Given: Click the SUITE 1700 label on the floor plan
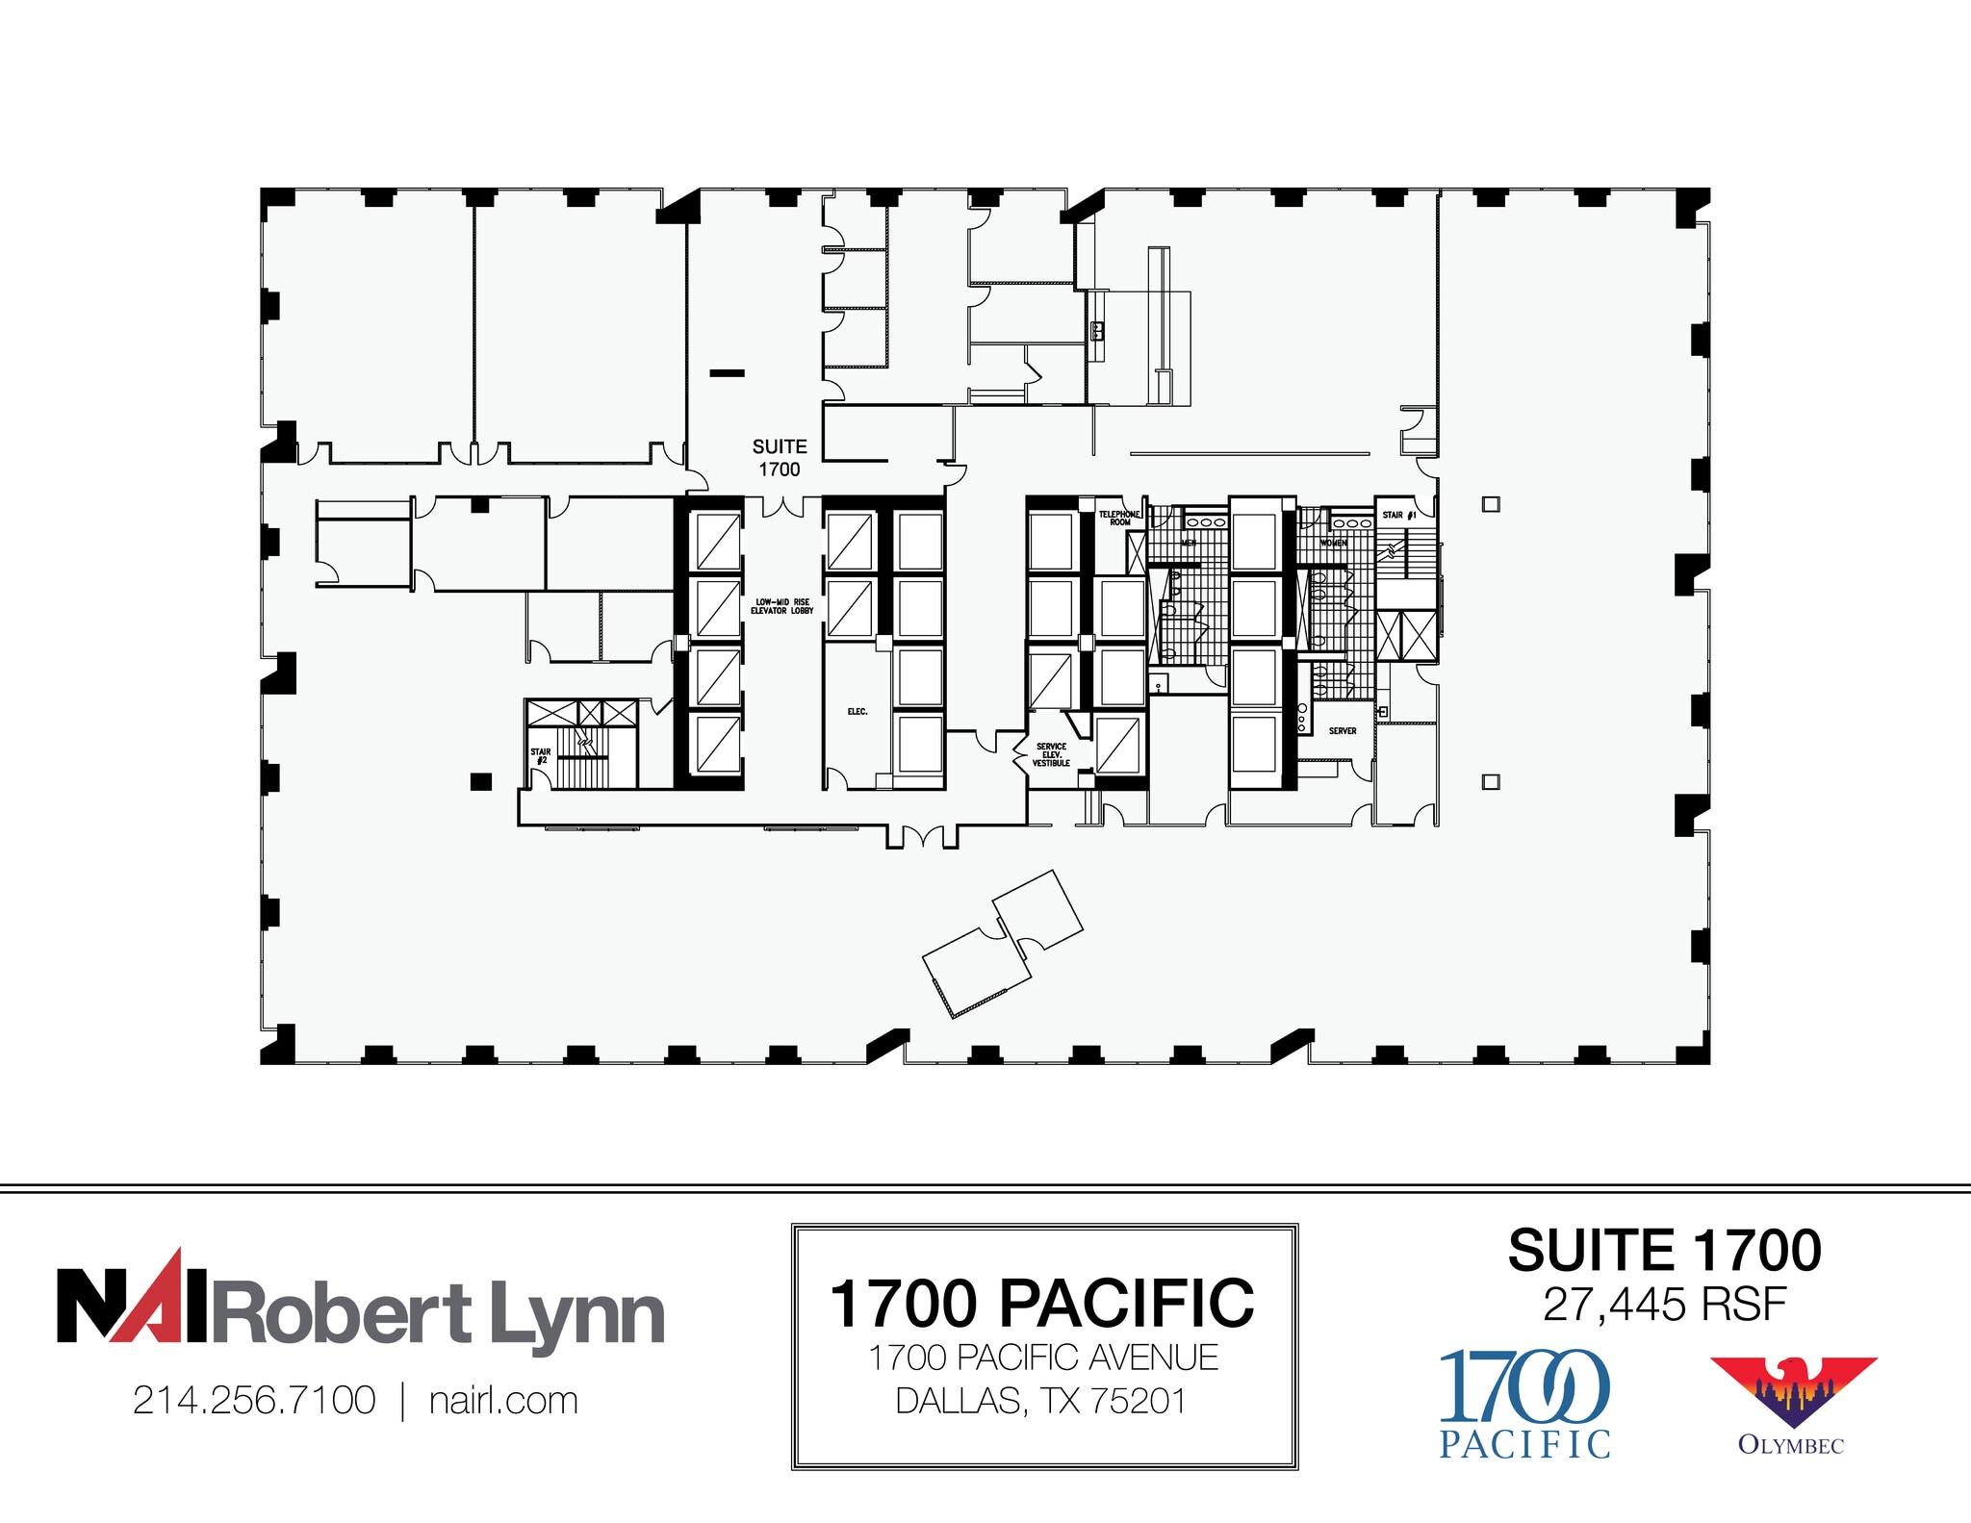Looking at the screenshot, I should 780,458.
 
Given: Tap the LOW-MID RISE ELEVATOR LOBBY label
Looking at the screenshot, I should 781,606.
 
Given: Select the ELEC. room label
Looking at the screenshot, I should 858,712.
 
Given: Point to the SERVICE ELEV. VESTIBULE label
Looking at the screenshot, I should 1051,754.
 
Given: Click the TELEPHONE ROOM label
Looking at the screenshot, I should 1119,518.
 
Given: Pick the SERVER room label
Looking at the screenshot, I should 1343,731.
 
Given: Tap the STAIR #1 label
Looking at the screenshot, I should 1398,516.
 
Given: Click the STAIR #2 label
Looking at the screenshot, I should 541,756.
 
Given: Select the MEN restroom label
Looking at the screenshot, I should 1189,544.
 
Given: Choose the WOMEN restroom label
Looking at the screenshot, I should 1333,544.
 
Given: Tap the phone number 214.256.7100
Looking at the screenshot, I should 254,1401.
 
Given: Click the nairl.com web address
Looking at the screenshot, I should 503,1401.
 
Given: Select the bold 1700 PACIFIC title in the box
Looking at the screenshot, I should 1042,1304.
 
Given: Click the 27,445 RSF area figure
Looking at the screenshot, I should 1664,1306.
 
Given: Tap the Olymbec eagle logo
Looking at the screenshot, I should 1792,1395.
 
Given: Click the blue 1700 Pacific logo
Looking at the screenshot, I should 1524,1403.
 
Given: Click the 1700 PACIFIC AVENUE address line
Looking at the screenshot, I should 1043,1358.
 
